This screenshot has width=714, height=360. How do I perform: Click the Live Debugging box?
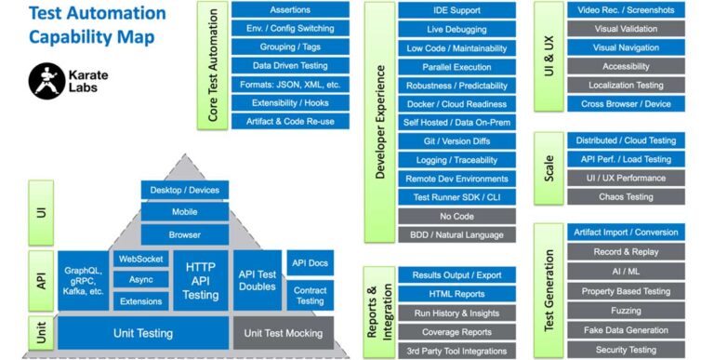coord(456,29)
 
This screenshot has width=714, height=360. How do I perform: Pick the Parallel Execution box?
coord(456,67)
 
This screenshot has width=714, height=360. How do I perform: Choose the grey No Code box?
coord(456,216)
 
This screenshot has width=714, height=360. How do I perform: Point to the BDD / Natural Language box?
coord(456,234)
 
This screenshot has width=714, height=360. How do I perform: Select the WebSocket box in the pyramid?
coord(140,260)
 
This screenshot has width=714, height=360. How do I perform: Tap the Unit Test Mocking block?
coord(284,333)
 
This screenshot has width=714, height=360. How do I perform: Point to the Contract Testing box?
coord(310,295)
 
